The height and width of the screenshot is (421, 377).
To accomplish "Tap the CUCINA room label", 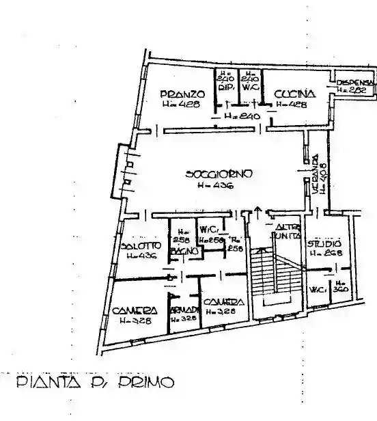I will pyautogui.click(x=294, y=94).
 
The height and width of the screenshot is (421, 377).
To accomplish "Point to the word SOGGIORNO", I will pyautogui.click(x=219, y=174).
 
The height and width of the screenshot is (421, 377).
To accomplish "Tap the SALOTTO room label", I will pyautogui.click(x=141, y=246).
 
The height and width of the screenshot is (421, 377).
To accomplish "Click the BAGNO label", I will pyautogui.click(x=184, y=252).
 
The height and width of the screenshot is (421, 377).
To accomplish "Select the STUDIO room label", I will pyautogui.click(x=324, y=243).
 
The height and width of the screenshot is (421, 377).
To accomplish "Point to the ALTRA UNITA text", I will pyautogui.click(x=286, y=231).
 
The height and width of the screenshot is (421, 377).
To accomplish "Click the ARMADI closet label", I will pyautogui.click(x=184, y=310).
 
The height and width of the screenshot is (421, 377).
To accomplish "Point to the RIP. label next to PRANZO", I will pyautogui.click(x=227, y=87).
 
